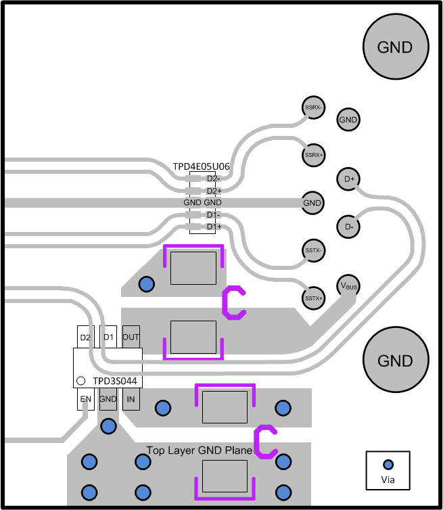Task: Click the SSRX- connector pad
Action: coord(312,107)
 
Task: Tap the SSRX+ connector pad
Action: coord(313,154)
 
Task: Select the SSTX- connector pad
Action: coord(312,250)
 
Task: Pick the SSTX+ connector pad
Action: coord(312,297)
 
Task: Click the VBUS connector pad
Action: coord(348,286)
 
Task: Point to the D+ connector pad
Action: coord(349,179)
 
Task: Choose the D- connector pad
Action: coord(349,226)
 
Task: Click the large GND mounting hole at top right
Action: coord(395,47)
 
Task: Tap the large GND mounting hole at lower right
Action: coord(395,360)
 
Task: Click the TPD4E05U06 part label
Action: coord(201,166)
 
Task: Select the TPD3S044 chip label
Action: coord(115,381)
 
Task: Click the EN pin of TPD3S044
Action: coord(85,400)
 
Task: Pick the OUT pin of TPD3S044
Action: coord(131,337)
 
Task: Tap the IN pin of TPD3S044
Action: coord(131,400)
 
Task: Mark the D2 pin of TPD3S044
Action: coord(85,337)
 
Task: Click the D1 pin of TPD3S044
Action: coord(108,337)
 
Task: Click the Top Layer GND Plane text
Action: coord(200,450)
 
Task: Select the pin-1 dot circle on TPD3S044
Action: coord(80,381)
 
